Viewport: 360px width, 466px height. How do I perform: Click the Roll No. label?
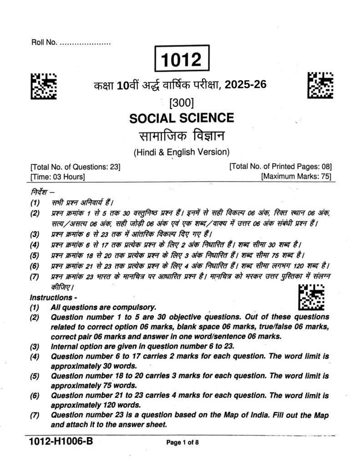click(x=44, y=43)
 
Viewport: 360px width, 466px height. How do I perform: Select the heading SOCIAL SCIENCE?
click(x=182, y=118)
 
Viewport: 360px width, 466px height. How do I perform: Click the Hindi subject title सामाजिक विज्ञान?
click(x=182, y=136)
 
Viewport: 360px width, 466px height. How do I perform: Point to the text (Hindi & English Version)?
click(x=181, y=152)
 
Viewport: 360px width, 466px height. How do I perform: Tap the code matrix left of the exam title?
click(x=43, y=85)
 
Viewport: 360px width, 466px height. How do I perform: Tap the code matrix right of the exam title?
click(x=320, y=85)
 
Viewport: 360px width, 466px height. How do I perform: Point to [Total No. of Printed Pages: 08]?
click(x=280, y=167)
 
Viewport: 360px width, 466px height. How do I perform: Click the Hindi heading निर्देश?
click(x=40, y=192)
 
